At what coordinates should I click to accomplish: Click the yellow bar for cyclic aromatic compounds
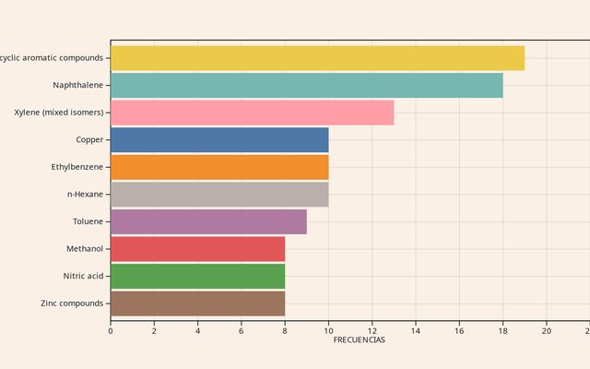317,58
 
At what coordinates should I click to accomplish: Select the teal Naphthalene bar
306,86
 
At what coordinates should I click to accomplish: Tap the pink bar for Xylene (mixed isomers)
252,113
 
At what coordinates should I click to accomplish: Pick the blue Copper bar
219,140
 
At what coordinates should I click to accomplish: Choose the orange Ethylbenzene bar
219,167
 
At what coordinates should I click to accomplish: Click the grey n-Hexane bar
219,195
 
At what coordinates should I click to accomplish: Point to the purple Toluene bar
208,221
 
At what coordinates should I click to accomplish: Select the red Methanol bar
197,249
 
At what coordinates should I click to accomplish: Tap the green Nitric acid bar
197,276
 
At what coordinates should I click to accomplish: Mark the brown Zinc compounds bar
197,304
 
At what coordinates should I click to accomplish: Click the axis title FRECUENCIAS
359,340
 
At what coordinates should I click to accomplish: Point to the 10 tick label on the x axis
328,330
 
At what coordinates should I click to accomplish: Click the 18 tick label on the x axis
502,330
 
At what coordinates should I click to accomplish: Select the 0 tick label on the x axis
111,330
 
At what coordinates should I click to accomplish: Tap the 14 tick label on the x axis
416,330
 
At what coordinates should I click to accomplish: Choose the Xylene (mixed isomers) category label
59,113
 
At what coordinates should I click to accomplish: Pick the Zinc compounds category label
72,304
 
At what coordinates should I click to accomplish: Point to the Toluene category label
88,221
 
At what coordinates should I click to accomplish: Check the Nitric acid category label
83,276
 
